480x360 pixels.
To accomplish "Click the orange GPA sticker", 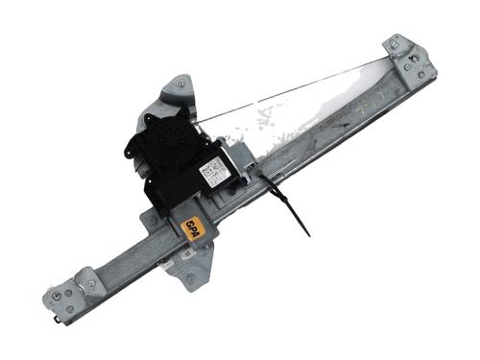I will coord(193,228).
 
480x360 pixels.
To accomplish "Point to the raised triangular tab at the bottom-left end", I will coord(87,279).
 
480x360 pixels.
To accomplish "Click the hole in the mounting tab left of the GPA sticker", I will coord(150,222).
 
